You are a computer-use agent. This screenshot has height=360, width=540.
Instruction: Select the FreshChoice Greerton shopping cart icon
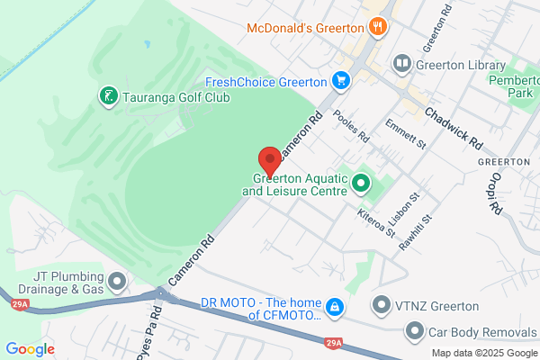click(x=340, y=82)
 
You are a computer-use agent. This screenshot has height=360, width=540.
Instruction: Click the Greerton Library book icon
click(x=400, y=64)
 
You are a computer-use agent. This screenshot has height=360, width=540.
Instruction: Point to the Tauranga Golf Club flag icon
click(x=108, y=95)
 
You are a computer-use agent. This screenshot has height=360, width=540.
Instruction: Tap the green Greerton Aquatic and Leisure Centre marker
click(x=362, y=184)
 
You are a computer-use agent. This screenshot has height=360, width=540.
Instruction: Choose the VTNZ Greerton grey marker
click(x=382, y=305)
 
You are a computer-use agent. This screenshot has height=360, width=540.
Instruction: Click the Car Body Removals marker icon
click(x=415, y=332)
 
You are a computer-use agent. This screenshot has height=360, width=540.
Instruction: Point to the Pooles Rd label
click(x=351, y=127)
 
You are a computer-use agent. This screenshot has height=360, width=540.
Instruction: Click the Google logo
click(x=30, y=349)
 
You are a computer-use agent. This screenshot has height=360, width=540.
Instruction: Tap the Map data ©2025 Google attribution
click(x=483, y=352)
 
